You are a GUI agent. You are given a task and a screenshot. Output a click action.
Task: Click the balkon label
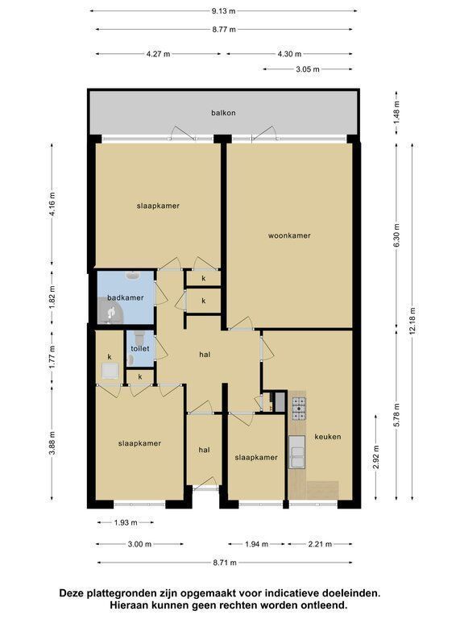click(223, 113)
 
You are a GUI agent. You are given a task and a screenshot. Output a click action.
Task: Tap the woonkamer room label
click(289, 235)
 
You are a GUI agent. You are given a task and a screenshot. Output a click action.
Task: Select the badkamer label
click(126, 297)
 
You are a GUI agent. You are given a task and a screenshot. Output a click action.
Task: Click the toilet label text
click(140, 349)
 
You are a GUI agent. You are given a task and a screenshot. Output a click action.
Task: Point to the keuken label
click(328, 437)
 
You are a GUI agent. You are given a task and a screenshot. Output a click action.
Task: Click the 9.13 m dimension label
click(223, 11)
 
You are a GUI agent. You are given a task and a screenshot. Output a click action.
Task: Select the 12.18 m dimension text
click(412, 321)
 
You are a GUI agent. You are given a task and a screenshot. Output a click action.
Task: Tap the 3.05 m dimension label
click(308, 69)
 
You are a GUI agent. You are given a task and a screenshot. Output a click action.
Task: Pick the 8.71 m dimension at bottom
click(225, 563)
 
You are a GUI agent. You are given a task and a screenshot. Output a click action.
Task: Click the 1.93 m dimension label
click(126, 522)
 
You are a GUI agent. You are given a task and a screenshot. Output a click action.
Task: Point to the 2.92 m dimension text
click(375, 457)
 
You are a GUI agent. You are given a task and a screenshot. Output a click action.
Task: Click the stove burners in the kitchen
click(299, 408)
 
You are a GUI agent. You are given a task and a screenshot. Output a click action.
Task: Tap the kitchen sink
click(296, 452)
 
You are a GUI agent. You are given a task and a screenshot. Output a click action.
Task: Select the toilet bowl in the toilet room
click(139, 338)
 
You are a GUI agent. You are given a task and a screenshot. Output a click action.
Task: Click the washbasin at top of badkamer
click(131, 275)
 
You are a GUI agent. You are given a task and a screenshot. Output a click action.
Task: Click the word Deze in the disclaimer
click(69, 592)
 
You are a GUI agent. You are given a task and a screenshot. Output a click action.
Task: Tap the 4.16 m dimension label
click(52, 205)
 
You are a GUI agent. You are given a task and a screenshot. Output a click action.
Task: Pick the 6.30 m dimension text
click(396, 235)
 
